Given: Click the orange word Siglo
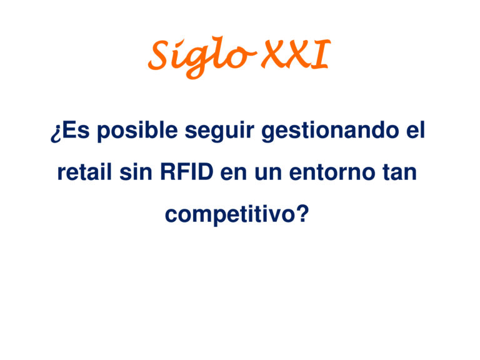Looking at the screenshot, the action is point(202,57).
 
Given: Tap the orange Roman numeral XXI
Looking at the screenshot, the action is point(296,54).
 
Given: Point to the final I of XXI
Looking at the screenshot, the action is point(321,54).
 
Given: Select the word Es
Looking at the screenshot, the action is point(76,130).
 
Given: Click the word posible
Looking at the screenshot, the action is point(137,131).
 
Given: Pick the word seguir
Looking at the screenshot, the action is point(219,132).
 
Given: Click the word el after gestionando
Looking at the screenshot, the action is point(416,129).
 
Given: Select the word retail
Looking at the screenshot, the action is point(84,172).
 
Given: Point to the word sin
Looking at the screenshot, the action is point(136,172).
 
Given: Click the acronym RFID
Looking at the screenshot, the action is point(187,172).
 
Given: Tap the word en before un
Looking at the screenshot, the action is point(234,174).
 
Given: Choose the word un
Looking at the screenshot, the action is point(268,174).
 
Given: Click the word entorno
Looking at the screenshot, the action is point(332,173).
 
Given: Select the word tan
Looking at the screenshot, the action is point(400,173).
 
